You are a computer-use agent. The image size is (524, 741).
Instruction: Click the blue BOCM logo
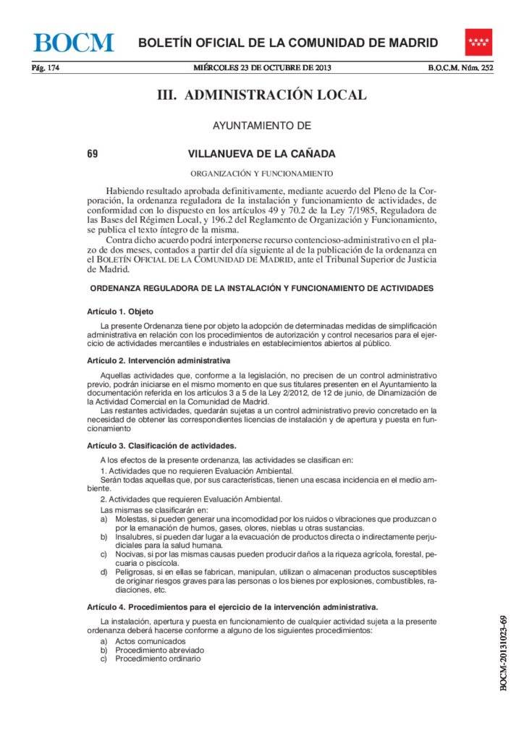(x=74, y=42)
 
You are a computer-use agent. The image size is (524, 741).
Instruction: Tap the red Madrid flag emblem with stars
(x=478, y=42)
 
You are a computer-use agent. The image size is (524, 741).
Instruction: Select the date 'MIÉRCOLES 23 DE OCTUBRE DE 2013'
(x=262, y=69)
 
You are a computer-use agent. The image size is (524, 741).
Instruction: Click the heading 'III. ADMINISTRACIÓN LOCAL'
(x=262, y=96)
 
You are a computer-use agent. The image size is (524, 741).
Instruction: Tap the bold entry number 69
(x=92, y=153)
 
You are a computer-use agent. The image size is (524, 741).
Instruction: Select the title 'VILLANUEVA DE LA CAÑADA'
(x=261, y=153)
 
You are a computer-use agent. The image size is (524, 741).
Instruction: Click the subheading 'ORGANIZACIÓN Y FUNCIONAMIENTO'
(x=261, y=174)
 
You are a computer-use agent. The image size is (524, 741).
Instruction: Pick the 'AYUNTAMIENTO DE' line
(x=261, y=126)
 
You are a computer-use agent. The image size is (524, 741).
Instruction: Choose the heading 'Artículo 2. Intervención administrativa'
(x=159, y=360)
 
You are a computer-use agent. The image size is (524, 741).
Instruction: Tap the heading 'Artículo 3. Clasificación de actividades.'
(x=161, y=446)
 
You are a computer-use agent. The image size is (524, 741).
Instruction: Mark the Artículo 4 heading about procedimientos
(x=232, y=606)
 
